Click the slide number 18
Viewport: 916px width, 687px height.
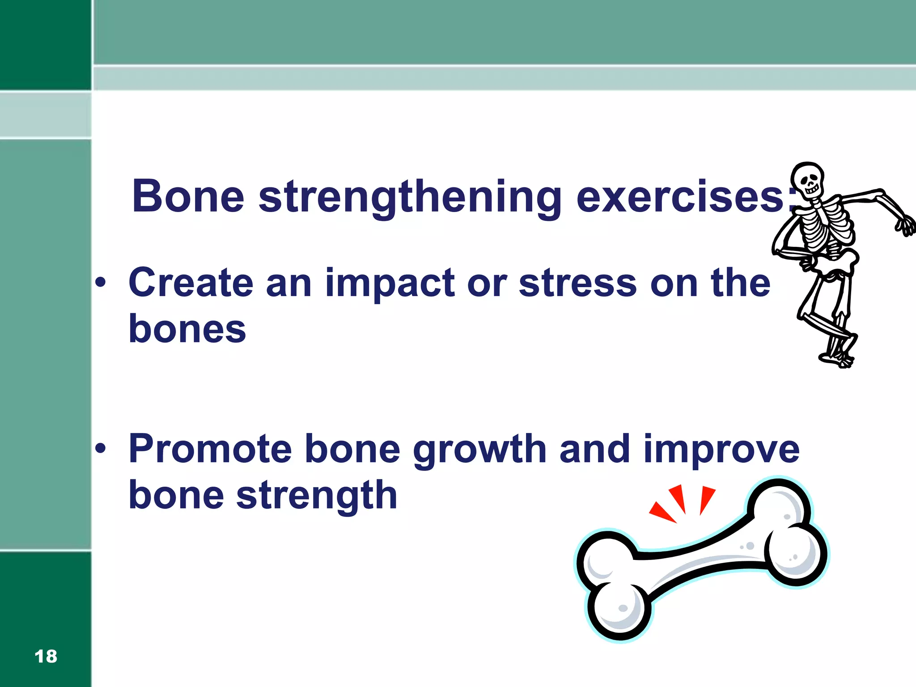[46, 656]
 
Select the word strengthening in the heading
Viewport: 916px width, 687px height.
[410, 197]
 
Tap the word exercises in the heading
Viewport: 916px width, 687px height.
[680, 197]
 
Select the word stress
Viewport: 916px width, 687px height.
[577, 283]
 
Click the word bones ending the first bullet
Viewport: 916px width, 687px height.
[187, 329]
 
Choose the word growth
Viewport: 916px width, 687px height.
[479, 450]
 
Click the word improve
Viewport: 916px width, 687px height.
[721, 450]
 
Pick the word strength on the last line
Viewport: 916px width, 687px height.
[317, 496]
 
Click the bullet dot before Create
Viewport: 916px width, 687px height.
[101, 282]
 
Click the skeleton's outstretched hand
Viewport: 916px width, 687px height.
[906, 226]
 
